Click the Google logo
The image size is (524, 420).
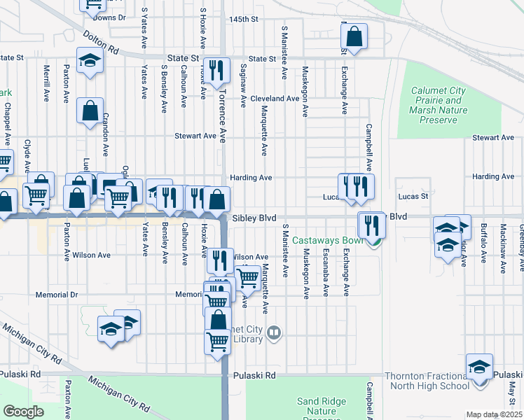23,412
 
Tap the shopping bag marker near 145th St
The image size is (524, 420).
355,37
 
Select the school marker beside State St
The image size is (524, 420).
90,61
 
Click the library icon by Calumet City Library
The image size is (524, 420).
275,335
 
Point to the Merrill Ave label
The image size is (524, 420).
46,82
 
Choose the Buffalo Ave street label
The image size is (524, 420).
483,242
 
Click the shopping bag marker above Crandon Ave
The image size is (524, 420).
90,111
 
